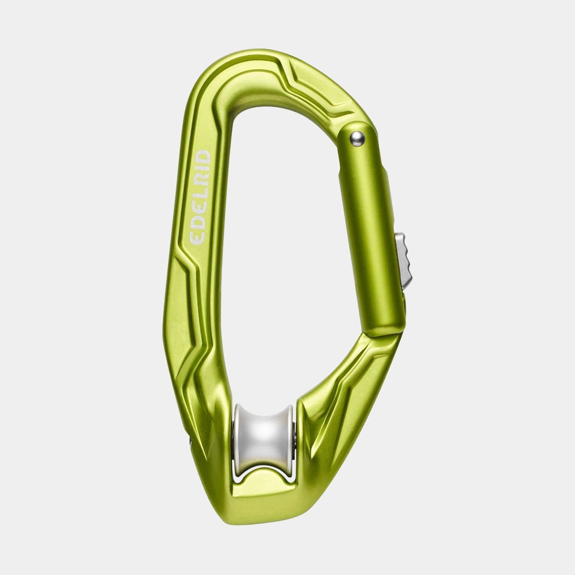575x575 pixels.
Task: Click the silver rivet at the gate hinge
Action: tap(357, 139)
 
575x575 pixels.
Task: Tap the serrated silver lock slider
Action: tap(404, 259)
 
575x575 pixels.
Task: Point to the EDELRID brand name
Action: tap(200, 197)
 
